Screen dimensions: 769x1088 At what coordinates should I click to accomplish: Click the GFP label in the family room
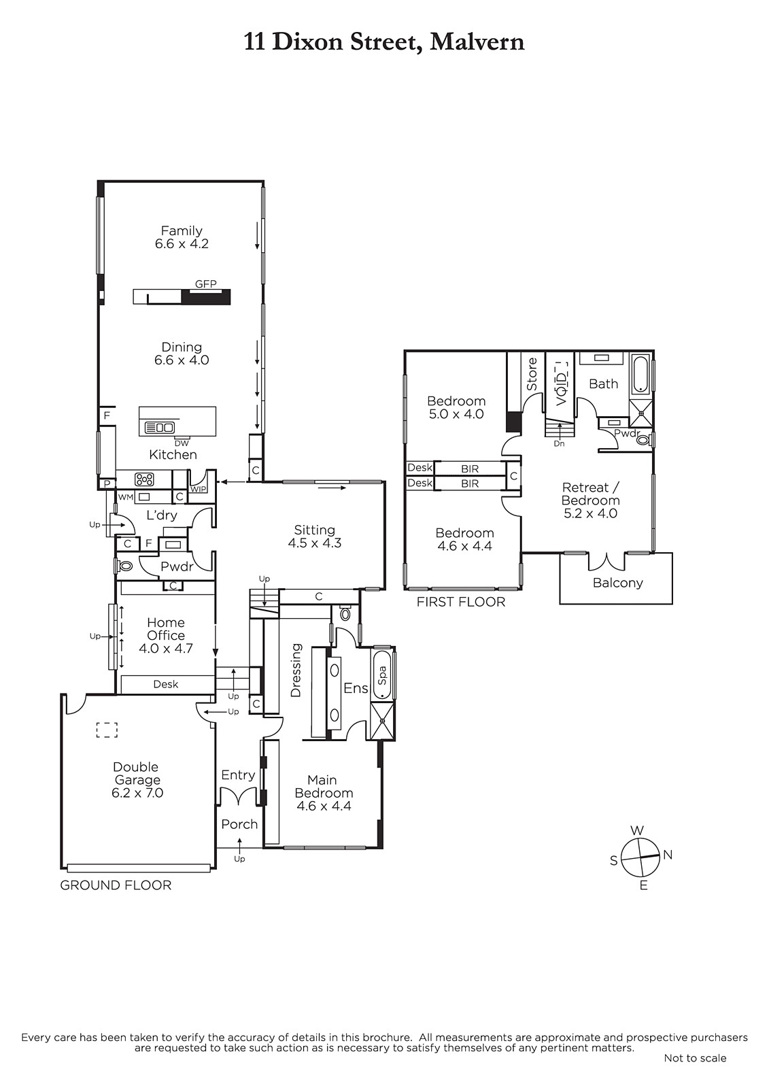point(205,284)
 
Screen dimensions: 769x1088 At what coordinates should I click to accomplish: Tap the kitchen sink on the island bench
point(160,428)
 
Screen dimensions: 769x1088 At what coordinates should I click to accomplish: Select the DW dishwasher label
point(182,443)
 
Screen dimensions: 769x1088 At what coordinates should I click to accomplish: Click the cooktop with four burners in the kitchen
point(144,479)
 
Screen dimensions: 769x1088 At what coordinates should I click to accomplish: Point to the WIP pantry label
point(198,489)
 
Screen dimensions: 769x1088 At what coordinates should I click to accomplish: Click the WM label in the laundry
point(125,497)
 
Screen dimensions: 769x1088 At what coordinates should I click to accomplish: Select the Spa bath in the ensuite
point(382,675)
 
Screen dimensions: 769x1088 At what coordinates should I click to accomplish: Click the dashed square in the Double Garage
point(107,730)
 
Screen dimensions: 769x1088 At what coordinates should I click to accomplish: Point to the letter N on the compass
point(668,855)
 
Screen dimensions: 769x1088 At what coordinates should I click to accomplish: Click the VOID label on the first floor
point(561,384)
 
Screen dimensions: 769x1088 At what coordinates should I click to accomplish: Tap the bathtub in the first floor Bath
point(640,375)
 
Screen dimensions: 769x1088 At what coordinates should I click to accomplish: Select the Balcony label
point(617,582)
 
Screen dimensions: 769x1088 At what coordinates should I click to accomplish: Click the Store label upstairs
point(532,374)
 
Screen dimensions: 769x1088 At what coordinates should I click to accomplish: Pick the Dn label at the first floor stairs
point(559,443)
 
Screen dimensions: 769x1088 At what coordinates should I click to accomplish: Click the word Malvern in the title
point(477,42)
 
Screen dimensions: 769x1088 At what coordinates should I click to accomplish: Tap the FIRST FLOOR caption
point(460,602)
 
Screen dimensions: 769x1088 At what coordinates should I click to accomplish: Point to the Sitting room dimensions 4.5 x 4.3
point(314,543)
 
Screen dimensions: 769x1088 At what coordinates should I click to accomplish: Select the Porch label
point(239,824)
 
